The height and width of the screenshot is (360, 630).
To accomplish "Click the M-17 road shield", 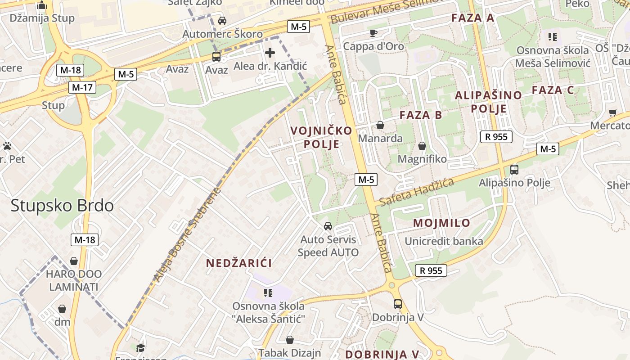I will coord(82,87).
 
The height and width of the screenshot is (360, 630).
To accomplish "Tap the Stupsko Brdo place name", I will coord(62,206).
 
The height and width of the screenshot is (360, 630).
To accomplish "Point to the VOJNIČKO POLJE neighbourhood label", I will coord(321,137).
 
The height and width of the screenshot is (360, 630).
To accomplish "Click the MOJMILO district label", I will coord(441,223).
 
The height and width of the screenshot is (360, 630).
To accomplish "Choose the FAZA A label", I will coord(472,18).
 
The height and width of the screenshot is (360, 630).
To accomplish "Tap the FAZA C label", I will coord(553,90).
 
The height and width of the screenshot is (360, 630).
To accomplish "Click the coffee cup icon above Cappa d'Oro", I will coord(373,33).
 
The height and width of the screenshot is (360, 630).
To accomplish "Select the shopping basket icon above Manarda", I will coord(380,125).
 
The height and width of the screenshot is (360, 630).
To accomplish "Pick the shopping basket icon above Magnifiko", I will coord(422,146).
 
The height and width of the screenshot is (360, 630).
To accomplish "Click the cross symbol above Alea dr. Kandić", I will coord(270,53).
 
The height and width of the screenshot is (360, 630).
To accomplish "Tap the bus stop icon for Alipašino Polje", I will coord(514,170).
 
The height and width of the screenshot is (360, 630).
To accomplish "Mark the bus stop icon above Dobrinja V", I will coord(398,304).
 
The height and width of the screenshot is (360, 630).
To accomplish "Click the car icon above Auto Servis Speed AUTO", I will coord(328,226).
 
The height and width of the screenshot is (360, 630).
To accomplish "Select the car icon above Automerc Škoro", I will coord(222,20).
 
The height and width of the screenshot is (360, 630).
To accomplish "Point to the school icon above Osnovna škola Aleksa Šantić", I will coord(268,293).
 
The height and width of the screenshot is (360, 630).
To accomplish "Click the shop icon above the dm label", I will coord(63,309).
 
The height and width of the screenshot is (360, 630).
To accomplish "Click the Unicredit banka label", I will coord(444,241).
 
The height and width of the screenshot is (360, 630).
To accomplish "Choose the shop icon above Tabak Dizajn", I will coord(290,340).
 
